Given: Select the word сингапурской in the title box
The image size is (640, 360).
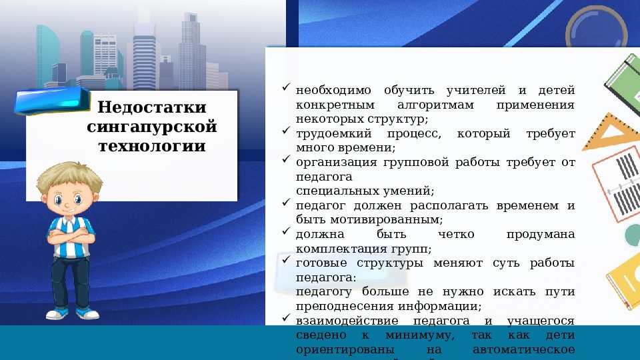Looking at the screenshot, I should tap(152, 126).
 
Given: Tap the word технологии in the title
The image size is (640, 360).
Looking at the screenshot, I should tap(152, 145).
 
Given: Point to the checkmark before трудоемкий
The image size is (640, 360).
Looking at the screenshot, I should tap(285, 132).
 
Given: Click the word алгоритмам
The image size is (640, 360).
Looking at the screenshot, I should tap(435, 105).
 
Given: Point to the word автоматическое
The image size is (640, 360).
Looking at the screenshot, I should tap(523, 349).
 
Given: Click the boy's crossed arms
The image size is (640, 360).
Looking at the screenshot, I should tap(71, 234).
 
